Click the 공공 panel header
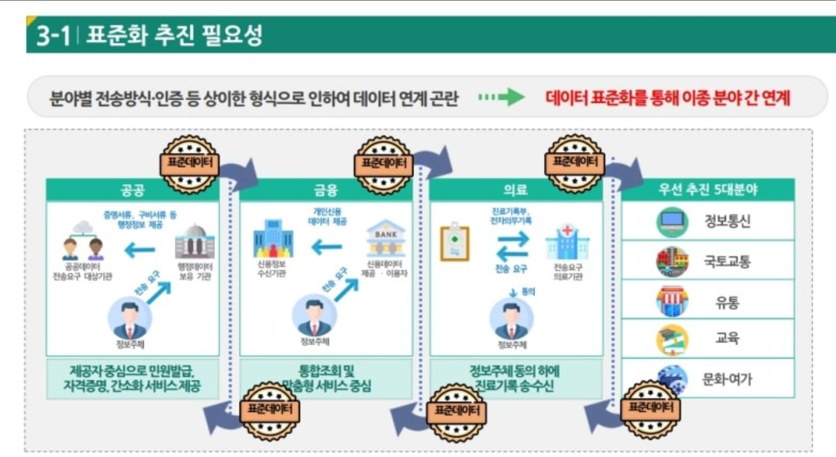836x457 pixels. click(132, 190)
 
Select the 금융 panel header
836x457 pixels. click(326, 190)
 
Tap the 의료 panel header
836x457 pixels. click(515, 190)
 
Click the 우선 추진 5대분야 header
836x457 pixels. click(708, 189)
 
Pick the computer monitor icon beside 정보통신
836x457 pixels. click(672, 221)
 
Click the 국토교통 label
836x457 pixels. click(727, 261)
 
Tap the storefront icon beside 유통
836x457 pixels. click(672, 301)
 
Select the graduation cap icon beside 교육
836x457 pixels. click(672, 340)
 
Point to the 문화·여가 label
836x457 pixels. click(727, 379)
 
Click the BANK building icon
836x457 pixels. click(385, 238)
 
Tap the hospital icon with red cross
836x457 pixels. click(567, 242)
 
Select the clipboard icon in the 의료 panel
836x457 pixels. click(455, 242)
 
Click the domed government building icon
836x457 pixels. click(195, 241)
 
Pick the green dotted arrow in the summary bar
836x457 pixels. click(501, 97)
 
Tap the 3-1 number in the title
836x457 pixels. click(53, 35)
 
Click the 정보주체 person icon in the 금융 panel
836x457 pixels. click(314, 316)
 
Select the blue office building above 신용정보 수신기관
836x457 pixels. click(273, 239)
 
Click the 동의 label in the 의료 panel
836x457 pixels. click(528, 292)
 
